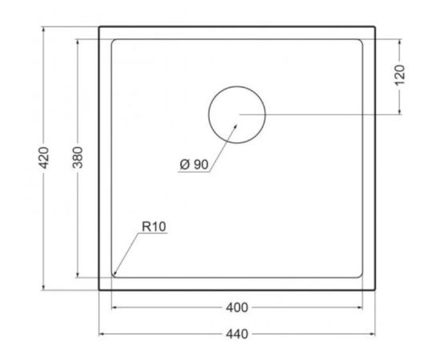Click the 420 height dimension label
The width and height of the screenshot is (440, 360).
[44, 158]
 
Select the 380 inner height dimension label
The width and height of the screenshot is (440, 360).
[78, 157]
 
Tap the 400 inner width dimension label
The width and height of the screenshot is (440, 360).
[237, 308]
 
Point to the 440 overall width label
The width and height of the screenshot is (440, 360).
[237, 334]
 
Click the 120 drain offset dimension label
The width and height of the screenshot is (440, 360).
[399, 75]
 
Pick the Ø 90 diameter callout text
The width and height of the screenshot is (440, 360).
[194, 165]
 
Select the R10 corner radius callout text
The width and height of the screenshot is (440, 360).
[154, 226]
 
